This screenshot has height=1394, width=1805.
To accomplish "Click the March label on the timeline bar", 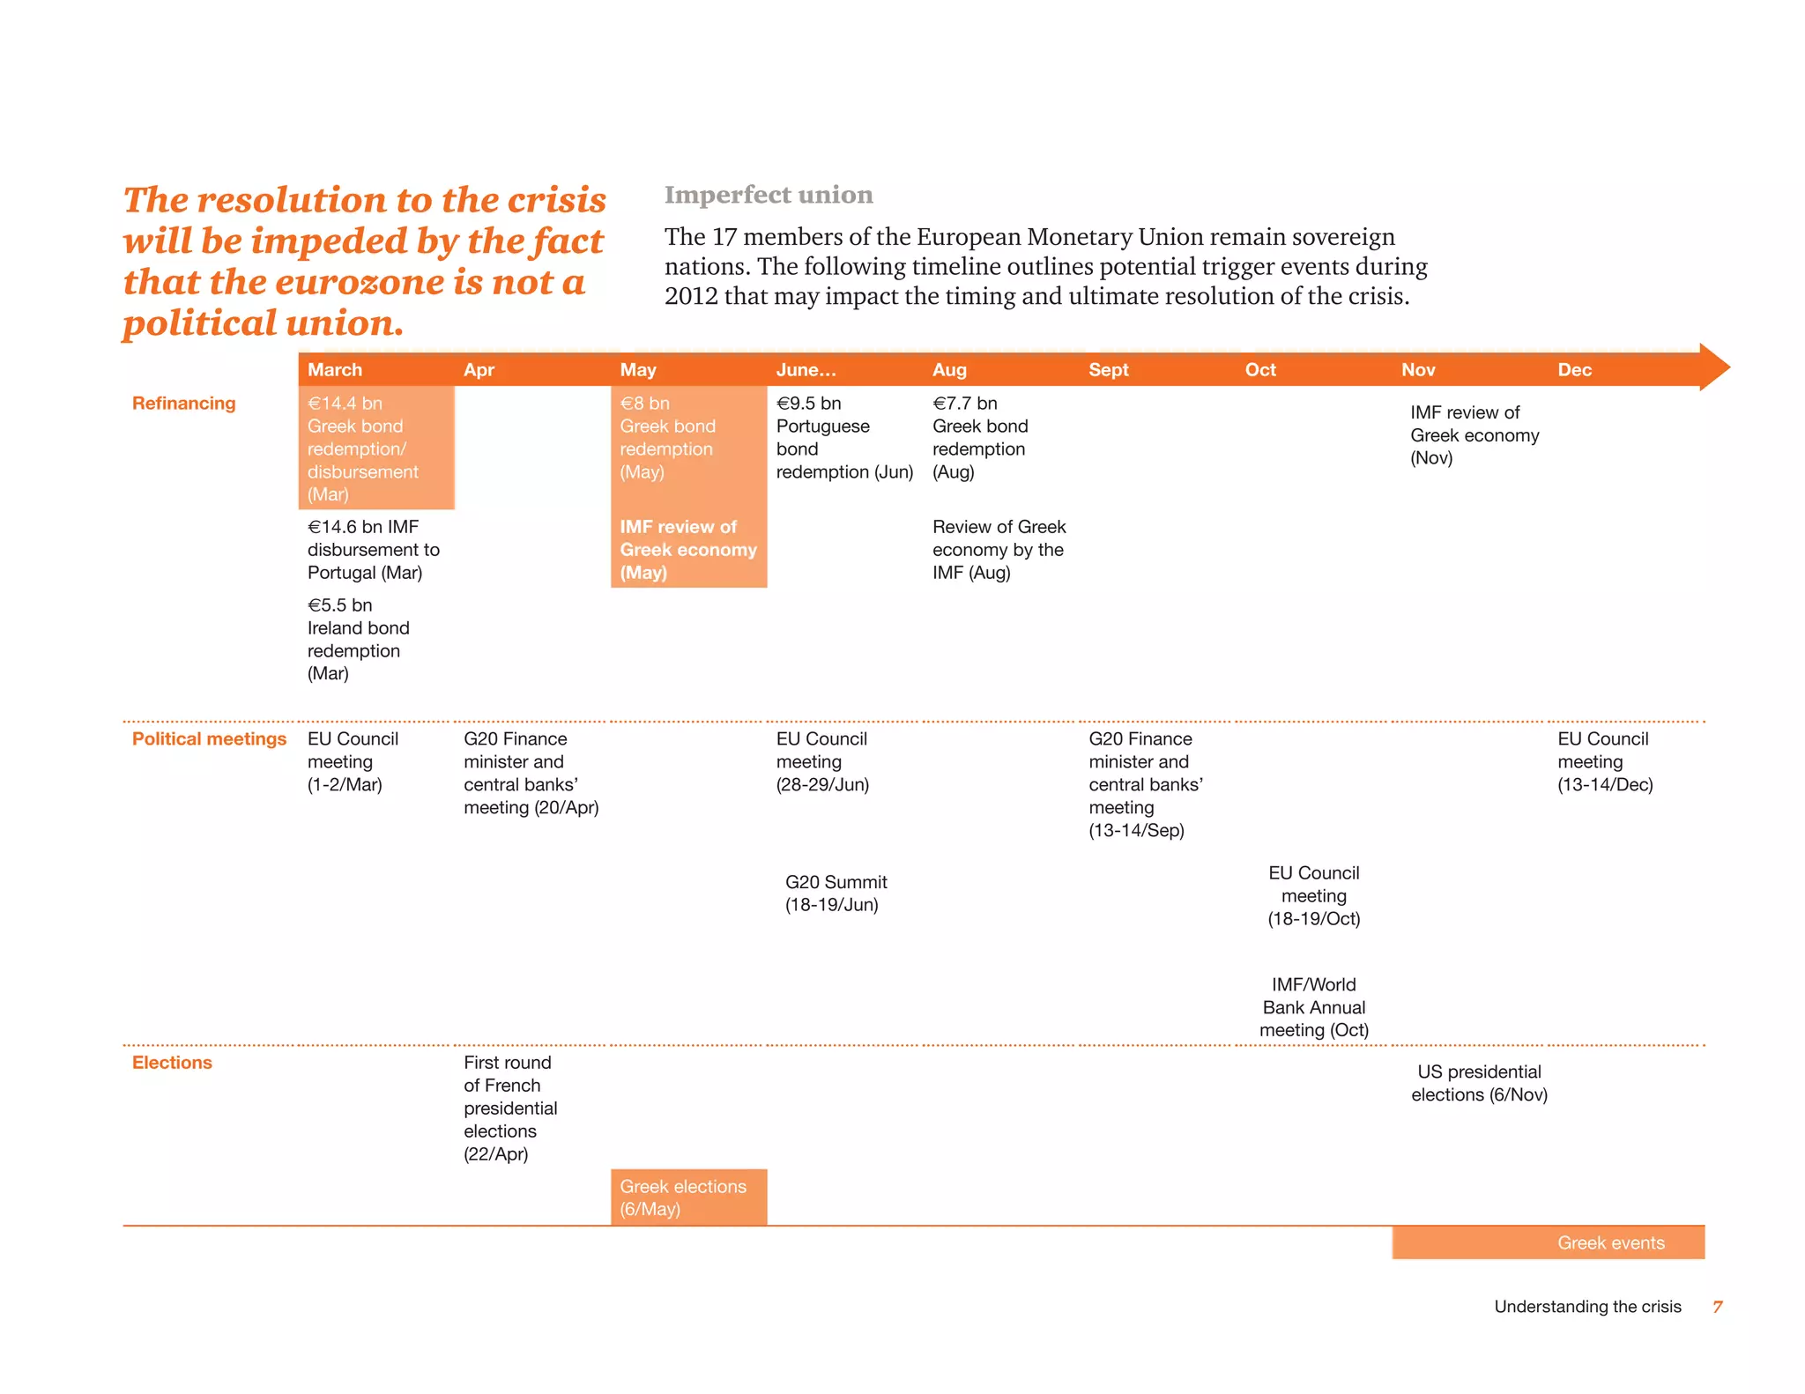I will click(335, 370).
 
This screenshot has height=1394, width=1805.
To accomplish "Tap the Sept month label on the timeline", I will click(1108, 370).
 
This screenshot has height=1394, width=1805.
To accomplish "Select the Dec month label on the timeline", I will click(1574, 370).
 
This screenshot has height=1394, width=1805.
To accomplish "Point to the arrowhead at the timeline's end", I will click(1714, 367).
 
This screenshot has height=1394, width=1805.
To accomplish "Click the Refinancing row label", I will click(183, 404).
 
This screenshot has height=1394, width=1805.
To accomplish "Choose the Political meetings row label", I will click(209, 739).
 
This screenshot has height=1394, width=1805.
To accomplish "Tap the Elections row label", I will click(172, 1063).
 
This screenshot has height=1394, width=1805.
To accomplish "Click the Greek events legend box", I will click(1548, 1242).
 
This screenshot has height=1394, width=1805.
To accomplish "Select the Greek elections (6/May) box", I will click(688, 1198).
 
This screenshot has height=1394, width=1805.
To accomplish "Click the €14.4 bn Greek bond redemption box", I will click(376, 449).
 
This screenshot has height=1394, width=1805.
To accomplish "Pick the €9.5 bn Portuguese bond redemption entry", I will click(843, 438).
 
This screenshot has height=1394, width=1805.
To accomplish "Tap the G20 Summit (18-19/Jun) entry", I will click(836, 893).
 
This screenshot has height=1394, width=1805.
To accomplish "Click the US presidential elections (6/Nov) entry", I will click(1479, 1084).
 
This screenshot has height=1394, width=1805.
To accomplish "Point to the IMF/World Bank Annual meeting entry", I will click(1313, 1007).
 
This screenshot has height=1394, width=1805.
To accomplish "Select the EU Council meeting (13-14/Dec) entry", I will click(1604, 762).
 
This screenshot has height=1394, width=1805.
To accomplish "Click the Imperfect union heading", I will click(769, 195).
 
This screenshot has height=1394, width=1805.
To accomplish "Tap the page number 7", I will click(1717, 1307).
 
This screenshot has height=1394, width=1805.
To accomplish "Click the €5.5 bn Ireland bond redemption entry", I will click(358, 640).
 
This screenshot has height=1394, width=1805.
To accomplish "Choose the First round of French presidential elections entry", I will click(510, 1109).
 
